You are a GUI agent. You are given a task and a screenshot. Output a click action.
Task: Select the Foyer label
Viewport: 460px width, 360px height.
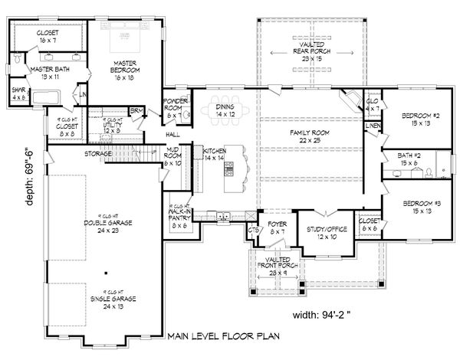(277, 227)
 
